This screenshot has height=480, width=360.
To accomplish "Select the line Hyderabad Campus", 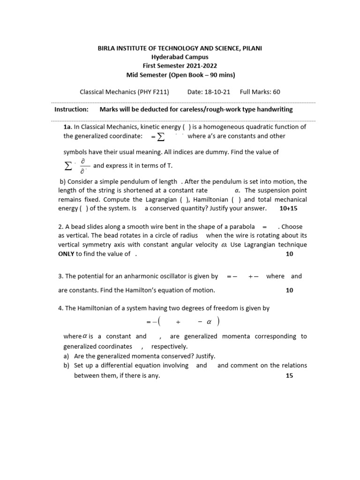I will click(180, 57).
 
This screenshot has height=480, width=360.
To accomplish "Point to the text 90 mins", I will click(221, 75).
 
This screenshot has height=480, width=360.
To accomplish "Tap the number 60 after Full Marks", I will click(276, 92).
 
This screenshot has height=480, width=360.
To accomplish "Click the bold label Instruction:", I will click(71, 109).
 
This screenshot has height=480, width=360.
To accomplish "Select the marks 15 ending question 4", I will click(289, 375).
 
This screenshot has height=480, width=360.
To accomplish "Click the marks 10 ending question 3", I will click(289, 290).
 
